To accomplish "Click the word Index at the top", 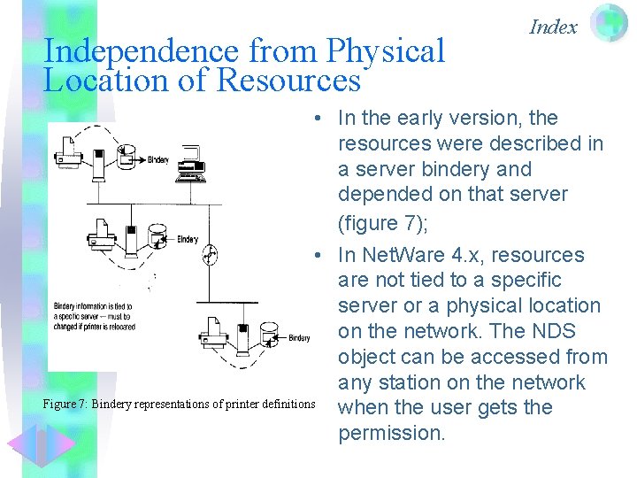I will tap(553, 27).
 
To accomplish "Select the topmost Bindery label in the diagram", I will tap(157, 159).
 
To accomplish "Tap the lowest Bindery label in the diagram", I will tap(299, 337).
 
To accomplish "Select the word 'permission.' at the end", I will tap(392, 433).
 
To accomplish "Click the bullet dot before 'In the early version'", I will tap(315, 119).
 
